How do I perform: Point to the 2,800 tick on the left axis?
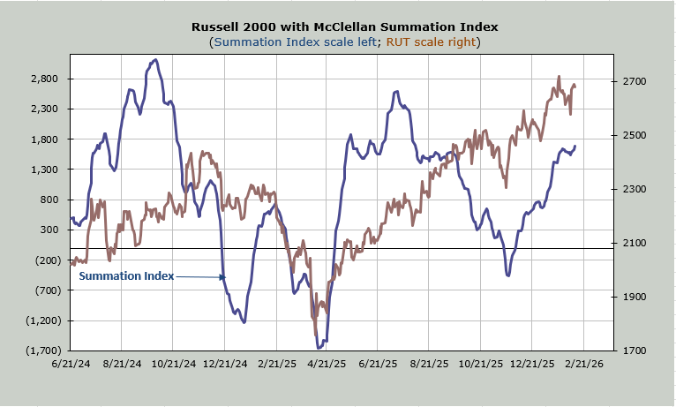click(43, 79)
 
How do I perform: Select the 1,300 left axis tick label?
click(43, 170)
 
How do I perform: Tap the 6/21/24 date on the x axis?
click(71, 364)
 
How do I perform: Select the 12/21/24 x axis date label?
click(224, 364)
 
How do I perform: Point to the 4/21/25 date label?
click(327, 364)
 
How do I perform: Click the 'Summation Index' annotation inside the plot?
click(126, 276)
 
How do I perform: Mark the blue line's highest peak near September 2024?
click(154, 60)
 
